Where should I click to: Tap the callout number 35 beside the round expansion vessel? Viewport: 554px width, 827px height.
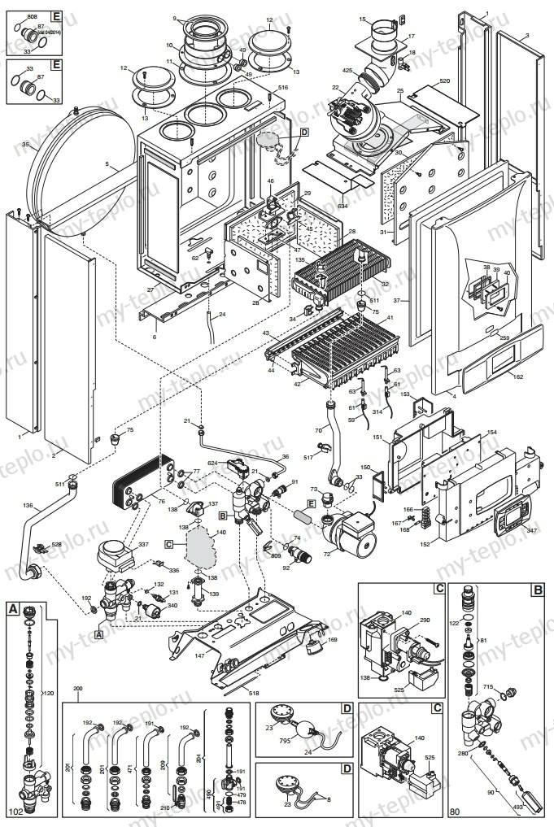pos(25,145)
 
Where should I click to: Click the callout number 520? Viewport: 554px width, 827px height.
pos(444,82)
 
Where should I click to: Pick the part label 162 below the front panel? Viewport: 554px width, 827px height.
pos(518,377)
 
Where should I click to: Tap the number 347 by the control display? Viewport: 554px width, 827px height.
pos(532,529)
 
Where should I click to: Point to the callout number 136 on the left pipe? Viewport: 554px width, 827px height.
pos(28,506)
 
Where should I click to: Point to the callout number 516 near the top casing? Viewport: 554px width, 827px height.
pos(283,87)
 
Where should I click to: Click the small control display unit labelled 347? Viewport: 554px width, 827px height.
pos(506,518)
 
